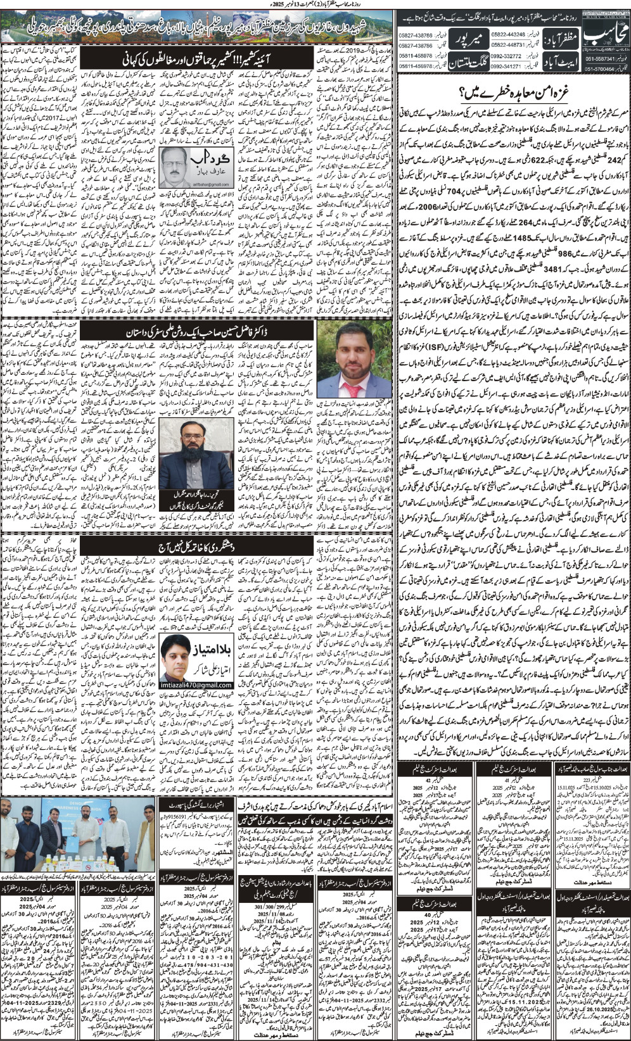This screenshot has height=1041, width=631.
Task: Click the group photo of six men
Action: tap(80, 836)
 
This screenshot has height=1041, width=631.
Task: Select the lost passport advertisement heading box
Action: tap(195, 806)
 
